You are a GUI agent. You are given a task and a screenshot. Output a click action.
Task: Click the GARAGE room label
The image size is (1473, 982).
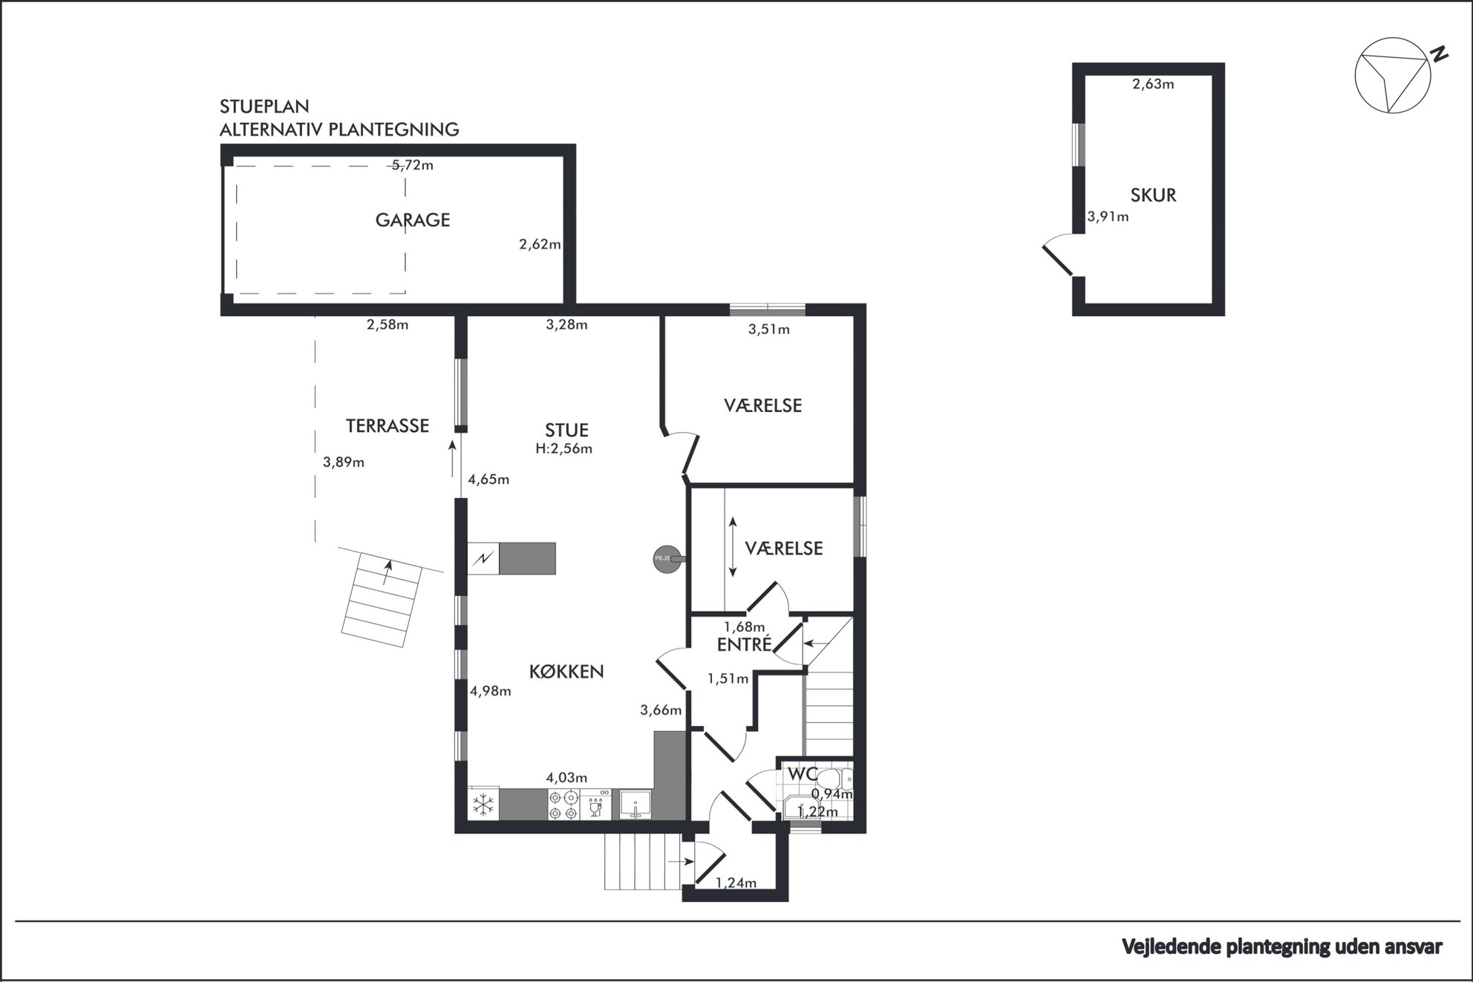click(x=413, y=220)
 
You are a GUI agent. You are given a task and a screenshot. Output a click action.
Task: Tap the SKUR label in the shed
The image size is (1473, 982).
click(x=1153, y=195)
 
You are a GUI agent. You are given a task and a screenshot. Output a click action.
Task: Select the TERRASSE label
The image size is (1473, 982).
click(x=388, y=425)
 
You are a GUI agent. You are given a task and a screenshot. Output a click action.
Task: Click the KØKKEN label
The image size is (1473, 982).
click(x=566, y=671)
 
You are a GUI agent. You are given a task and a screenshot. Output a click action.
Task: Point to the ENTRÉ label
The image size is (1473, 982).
click(x=745, y=644)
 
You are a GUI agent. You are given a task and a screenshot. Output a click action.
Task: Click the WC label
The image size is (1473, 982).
click(x=802, y=773)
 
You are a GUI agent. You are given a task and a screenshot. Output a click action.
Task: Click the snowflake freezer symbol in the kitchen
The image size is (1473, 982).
click(x=484, y=805)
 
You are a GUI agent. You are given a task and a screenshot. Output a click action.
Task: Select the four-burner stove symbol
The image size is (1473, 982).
click(x=564, y=805)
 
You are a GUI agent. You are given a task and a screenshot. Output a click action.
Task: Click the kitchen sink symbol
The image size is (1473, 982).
click(x=635, y=805)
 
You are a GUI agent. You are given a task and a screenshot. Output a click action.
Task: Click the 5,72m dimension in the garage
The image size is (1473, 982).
click(x=413, y=165)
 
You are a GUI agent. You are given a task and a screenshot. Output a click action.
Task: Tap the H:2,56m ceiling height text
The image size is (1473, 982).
click(x=564, y=448)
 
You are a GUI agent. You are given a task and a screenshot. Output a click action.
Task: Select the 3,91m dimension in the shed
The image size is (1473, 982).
click(x=1108, y=217)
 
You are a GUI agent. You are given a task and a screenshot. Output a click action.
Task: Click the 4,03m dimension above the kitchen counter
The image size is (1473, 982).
click(x=566, y=778)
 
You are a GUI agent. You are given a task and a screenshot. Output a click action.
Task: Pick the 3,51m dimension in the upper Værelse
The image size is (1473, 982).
click(x=768, y=329)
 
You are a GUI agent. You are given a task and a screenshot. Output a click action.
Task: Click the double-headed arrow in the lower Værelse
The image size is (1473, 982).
click(x=733, y=547)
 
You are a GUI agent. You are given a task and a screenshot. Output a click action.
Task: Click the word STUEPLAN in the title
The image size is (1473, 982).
click(x=264, y=106)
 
